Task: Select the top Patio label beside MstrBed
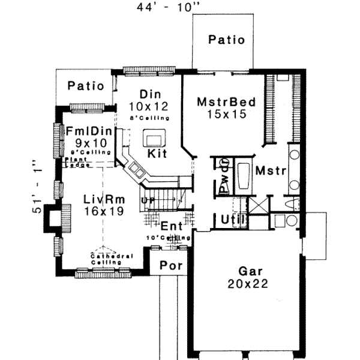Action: point(227,40)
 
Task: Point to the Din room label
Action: point(148,94)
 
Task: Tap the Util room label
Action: point(232,220)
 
